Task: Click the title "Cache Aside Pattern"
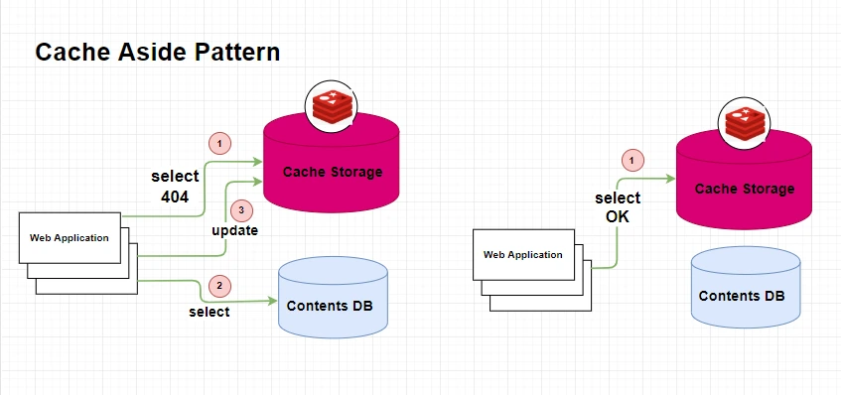tap(157, 53)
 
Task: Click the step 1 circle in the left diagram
tap(219, 144)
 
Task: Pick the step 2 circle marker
tap(219, 286)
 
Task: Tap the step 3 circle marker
tap(241, 210)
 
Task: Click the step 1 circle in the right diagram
tap(631, 160)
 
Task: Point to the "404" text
tap(175, 197)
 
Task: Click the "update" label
tap(235, 230)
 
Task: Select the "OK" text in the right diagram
tap(618, 217)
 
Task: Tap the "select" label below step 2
tap(210, 312)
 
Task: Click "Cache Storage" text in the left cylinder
tap(333, 172)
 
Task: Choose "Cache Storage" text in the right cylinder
tap(745, 189)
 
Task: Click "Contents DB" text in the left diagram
tap(330, 306)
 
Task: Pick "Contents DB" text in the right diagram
tap(742, 296)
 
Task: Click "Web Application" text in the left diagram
tap(70, 238)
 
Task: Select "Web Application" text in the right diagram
tap(523, 255)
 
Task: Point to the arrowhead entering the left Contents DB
tap(273, 301)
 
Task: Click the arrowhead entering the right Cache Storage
tap(670, 179)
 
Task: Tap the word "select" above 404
tap(175, 177)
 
